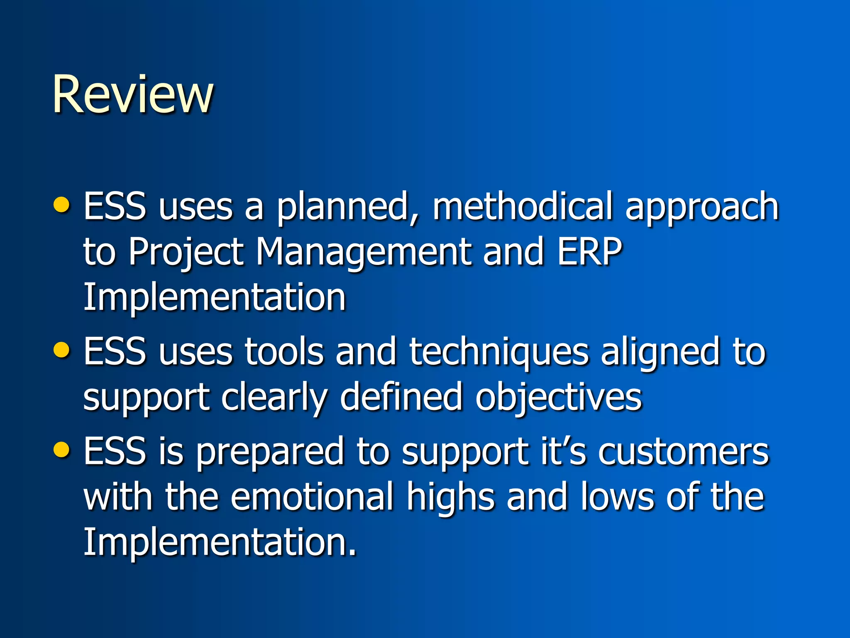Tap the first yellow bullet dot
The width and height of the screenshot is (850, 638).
(62, 204)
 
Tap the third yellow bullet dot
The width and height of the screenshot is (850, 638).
(62, 449)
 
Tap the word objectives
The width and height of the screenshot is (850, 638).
(558, 398)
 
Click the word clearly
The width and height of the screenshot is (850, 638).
(274, 398)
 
